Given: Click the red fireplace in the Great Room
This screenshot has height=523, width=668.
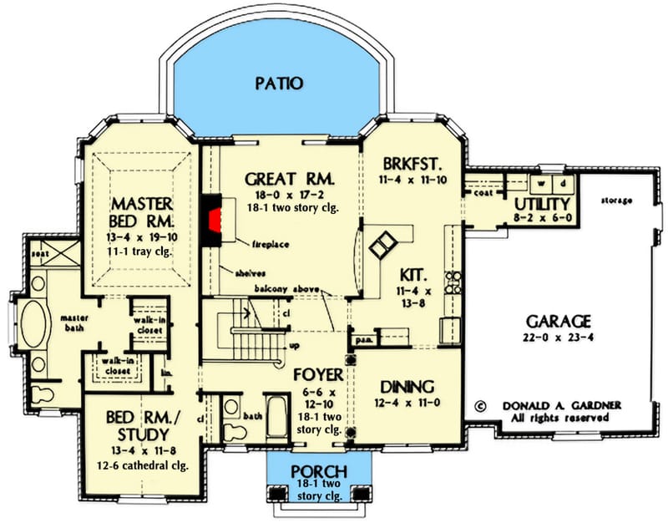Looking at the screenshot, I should click(218, 222).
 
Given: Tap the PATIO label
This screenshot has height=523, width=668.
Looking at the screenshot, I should click(280, 82).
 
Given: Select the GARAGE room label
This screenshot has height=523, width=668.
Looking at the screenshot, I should click(559, 321).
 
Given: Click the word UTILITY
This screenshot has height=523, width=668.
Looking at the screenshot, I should click(542, 203).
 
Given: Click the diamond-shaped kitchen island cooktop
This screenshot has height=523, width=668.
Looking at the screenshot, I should click(384, 245).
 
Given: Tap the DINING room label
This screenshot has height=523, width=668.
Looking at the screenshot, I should click(407, 387).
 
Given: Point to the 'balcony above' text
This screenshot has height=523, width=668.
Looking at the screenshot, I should click(289, 288).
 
